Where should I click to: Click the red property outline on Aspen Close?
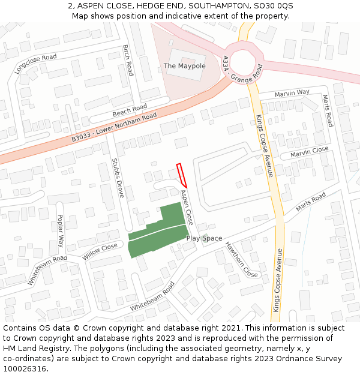(182, 175)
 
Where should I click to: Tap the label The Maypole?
(185, 65)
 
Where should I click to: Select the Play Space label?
(204, 238)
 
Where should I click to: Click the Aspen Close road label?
(187, 207)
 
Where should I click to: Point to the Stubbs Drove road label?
(118, 178)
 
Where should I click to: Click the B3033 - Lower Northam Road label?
(114, 127)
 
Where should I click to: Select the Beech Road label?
(130, 111)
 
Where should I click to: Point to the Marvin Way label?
(292, 93)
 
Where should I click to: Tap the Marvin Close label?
(309, 152)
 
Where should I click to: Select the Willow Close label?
(100, 251)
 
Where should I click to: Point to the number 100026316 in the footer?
(25, 369)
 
